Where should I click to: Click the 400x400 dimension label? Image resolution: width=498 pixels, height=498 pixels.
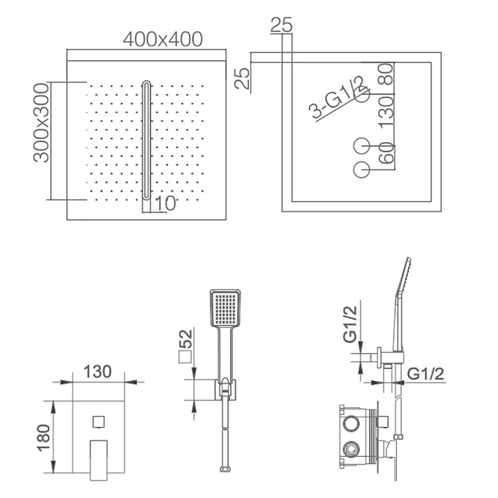(x=163, y=39)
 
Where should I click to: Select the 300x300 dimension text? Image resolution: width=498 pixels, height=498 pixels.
(x=41, y=123)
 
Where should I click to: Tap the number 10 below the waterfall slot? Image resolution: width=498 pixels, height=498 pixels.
(x=165, y=203)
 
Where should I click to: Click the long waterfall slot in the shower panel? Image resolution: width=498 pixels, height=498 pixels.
(x=146, y=140)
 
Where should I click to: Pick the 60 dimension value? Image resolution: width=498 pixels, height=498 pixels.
(x=386, y=153)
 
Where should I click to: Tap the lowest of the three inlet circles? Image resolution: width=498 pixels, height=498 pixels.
(x=362, y=170)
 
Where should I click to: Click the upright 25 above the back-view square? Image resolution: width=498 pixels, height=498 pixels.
(x=281, y=25)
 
